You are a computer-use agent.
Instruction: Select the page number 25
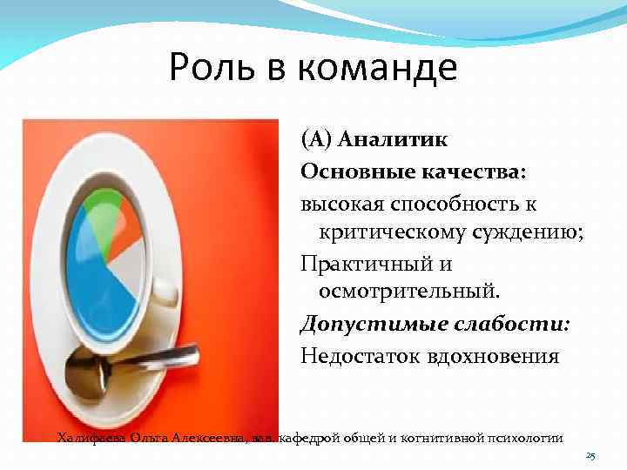coord(590,455)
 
